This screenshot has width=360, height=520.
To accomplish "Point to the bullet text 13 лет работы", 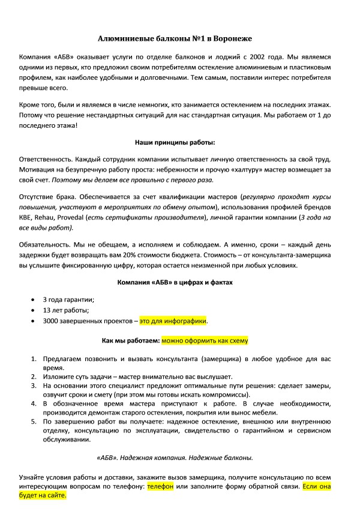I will (x=66, y=310).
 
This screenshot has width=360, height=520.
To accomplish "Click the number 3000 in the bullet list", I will (x=52, y=321).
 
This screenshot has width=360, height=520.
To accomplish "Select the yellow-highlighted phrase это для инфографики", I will (x=173, y=321).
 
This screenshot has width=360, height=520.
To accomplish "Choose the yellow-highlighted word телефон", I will (x=160, y=488).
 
